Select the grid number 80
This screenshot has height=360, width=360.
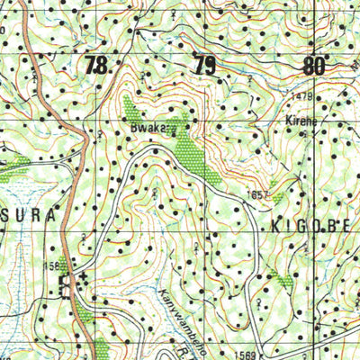pyautogui.click(x=313, y=65)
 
